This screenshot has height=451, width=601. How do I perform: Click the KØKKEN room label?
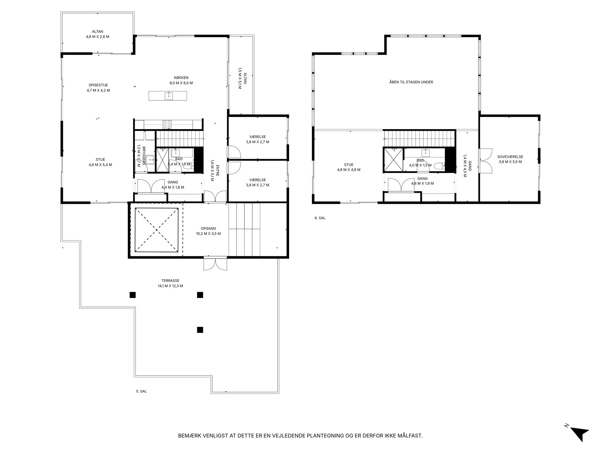(x=181, y=78)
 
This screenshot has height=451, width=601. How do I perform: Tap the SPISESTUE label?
(x=98, y=85)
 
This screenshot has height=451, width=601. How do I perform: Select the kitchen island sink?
(x=168, y=96)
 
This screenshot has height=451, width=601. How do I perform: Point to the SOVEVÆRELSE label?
(x=510, y=157)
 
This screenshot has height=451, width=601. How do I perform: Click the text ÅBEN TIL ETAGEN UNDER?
(x=411, y=82)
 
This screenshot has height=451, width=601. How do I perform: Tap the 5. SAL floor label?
(x=141, y=391)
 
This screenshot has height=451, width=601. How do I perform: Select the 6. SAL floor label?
(x=320, y=218)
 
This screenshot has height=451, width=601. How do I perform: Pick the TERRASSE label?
(x=170, y=281)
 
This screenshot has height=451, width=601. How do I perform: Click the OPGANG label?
(x=208, y=229)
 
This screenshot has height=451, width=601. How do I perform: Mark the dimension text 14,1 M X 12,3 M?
(x=170, y=286)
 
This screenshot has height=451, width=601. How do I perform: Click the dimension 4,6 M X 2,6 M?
(x=98, y=37)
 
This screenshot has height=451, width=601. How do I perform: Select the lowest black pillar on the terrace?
(x=200, y=330)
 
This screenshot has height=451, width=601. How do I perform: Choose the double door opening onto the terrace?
(x=215, y=263)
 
